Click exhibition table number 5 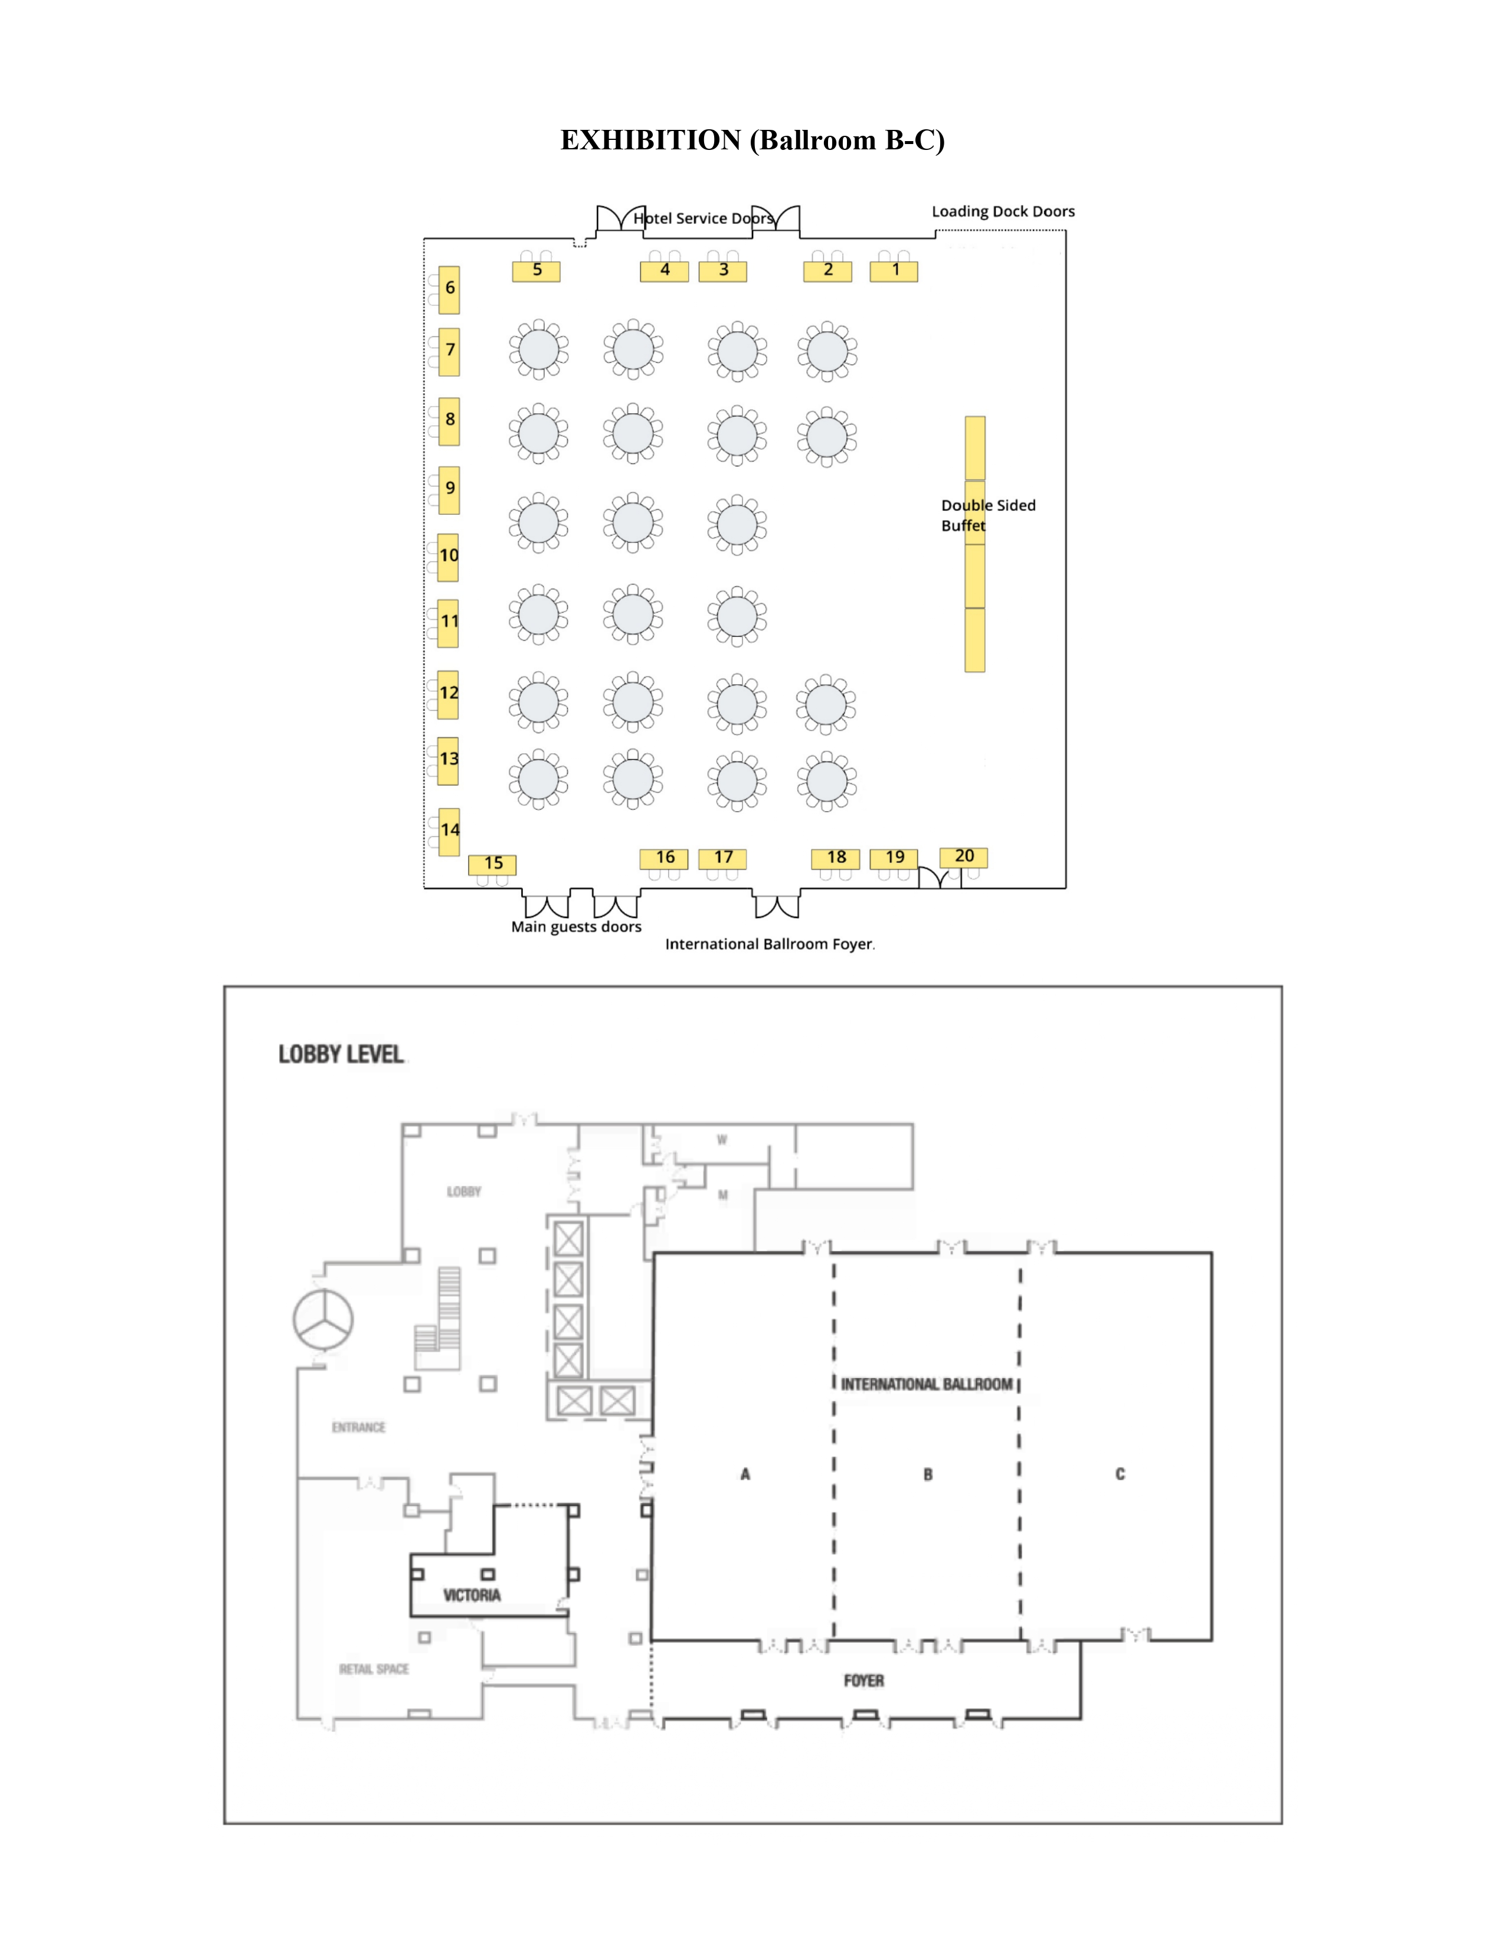click(536, 271)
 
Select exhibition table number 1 click(894, 271)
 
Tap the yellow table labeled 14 click(449, 832)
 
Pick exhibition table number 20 click(964, 857)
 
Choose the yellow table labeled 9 click(449, 490)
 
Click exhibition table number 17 click(722, 858)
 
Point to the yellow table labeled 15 click(492, 864)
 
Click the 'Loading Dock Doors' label click(1003, 211)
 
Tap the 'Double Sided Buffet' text click(988, 515)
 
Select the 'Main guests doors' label click(576, 927)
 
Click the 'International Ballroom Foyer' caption click(770, 944)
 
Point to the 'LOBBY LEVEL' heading click(342, 1054)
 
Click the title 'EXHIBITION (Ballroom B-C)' click(752, 140)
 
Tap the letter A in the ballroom click(745, 1475)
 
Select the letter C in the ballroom click(1120, 1475)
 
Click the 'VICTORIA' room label click(472, 1595)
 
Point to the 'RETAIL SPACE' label click(374, 1669)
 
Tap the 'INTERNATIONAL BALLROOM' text click(927, 1384)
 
